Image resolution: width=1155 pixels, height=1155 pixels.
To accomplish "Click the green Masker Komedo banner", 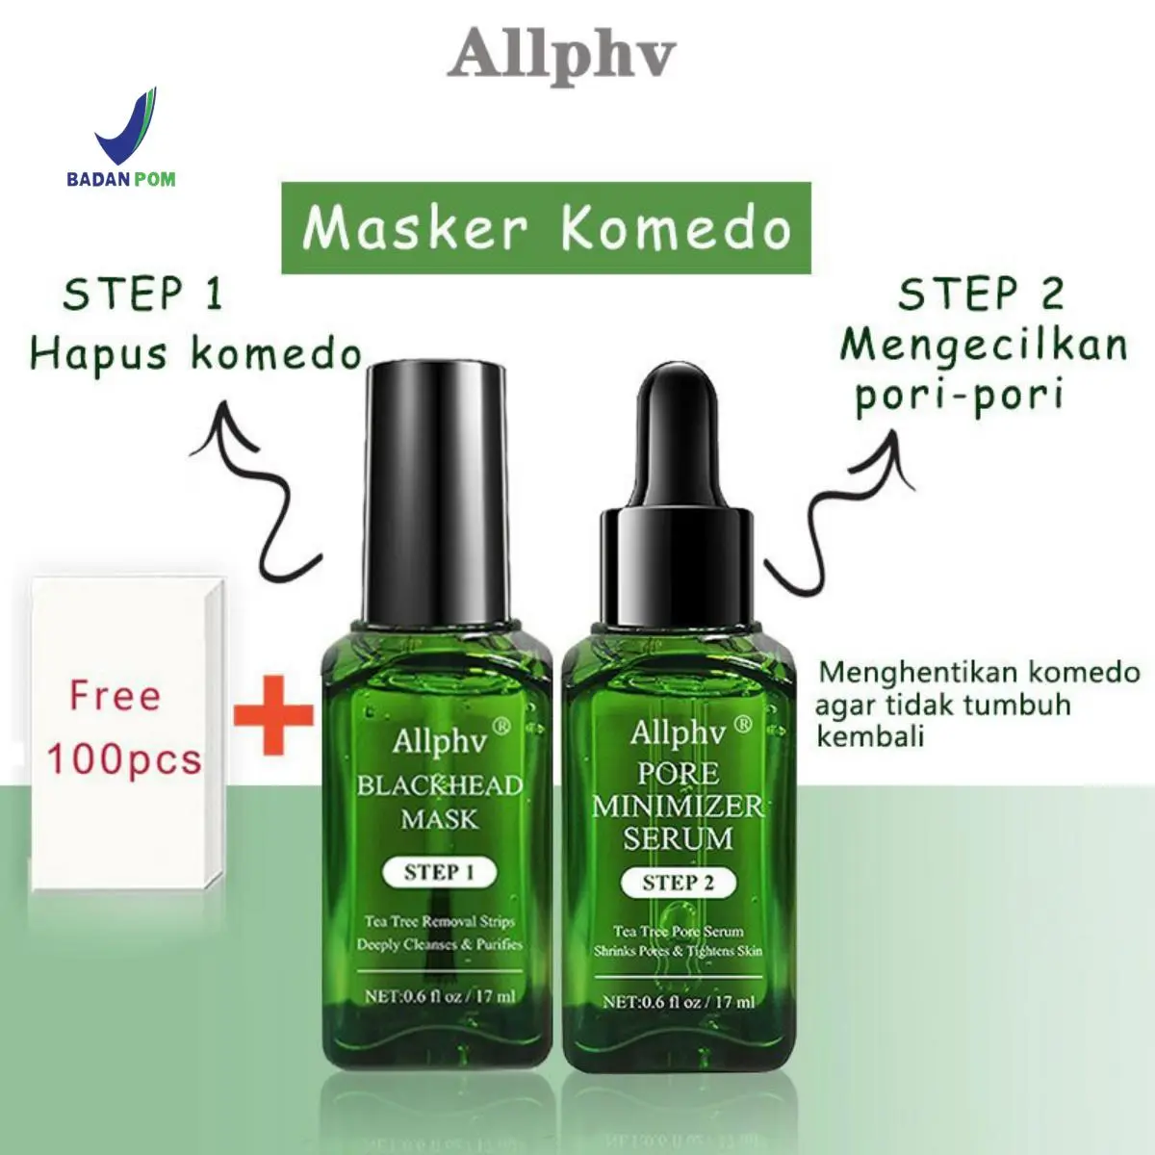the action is [546, 228].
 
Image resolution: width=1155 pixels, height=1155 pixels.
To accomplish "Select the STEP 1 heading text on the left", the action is [143, 295].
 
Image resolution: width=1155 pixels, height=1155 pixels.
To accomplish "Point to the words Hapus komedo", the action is [196, 355].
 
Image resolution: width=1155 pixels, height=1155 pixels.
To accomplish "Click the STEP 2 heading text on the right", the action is [981, 295].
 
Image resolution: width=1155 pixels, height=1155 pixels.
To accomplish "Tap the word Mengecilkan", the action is [984, 346].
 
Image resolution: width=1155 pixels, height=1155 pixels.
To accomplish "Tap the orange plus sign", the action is [273, 715].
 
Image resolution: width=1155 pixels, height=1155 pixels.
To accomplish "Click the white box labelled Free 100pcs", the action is [128, 734].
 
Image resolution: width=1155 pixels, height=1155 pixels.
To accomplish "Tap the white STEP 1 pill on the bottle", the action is [439, 872].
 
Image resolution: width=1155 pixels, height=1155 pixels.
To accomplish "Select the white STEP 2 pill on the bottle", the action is [678, 883].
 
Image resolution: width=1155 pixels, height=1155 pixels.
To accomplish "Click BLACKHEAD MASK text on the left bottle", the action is [440, 802].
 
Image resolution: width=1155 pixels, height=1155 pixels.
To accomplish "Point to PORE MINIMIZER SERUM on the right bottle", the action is [678, 807].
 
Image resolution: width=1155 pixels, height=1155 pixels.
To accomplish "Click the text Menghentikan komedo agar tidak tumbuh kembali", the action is [978, 705].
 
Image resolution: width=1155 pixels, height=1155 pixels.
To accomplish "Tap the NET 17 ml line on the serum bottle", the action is [679, 1002].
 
